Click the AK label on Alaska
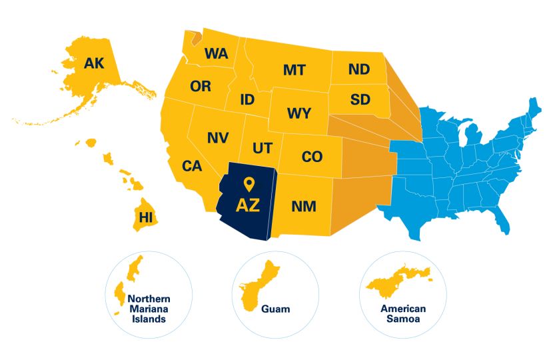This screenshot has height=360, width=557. point(94,63)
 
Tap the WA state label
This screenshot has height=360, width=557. point(217,53)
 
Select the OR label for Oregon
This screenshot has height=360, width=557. point(201,86)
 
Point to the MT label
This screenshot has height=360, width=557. point(294,69)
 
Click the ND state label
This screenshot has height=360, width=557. point(359,69)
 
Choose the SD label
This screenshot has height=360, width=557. point(360,100)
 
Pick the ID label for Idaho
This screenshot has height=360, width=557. point(247,100)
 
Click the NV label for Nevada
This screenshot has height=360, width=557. point(218,137)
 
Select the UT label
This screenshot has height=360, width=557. point(262,147)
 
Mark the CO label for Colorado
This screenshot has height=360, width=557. point(312,157)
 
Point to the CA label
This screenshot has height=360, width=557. point(192,166)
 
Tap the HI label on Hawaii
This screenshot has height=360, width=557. point(145,217)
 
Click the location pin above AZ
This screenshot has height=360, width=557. point(249,184)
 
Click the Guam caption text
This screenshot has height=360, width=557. point(275,309)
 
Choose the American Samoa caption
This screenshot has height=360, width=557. point(403,313)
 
